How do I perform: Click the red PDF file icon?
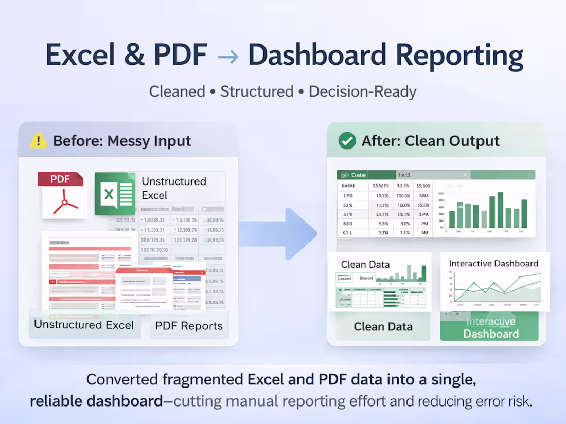61,195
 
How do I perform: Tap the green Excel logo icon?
115,194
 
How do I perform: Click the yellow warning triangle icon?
39,140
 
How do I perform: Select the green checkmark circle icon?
347,140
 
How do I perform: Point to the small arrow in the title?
227,56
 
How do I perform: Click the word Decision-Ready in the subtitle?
362,92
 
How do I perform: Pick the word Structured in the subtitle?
257,92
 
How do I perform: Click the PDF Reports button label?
189,326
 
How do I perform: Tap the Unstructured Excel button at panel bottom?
84,325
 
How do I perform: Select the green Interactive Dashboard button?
490,327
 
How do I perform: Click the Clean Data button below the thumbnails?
383,327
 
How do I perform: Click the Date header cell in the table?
358,175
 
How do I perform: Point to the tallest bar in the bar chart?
500,210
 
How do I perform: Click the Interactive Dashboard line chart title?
493,263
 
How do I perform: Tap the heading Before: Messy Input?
122,141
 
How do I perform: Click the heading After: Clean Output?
431,141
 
